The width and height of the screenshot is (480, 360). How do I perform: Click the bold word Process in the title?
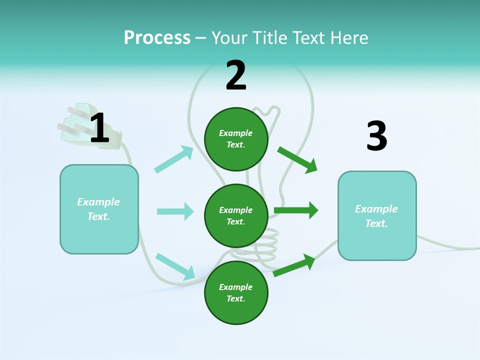157,37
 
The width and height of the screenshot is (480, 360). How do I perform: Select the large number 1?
99,128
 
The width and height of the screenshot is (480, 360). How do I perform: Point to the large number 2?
236,75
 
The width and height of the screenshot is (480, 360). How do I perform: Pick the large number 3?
376,136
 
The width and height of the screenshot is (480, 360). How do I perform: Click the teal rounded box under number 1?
99,209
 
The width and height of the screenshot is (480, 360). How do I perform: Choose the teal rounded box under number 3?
377,215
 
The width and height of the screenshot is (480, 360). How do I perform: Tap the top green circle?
236,139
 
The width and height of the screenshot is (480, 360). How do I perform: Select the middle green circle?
236,215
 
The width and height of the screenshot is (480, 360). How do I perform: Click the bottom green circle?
236,292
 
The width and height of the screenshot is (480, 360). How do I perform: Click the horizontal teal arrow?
175,211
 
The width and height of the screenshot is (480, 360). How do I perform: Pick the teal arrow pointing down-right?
175,266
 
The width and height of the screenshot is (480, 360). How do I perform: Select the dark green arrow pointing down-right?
297,159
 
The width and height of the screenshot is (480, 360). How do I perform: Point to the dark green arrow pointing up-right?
294,265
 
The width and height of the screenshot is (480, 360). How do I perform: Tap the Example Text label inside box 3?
376,216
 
